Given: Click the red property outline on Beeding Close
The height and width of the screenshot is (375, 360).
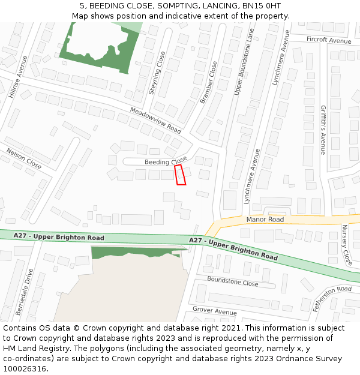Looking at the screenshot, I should tap(180, 175).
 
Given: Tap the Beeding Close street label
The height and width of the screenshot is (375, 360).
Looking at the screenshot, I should tap(166, 162).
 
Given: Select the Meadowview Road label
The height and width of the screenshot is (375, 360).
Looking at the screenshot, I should tap(155, 120).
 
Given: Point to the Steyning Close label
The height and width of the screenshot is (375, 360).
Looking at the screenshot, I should tap(157, 73).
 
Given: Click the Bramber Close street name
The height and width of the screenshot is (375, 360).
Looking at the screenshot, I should tap(208, 82).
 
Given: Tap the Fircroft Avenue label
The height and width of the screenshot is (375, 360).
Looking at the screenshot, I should tap(328, 41).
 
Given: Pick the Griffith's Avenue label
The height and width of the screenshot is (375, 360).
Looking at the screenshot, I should tap(323, 130).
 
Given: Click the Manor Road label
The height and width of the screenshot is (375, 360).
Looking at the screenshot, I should tap(265, 220).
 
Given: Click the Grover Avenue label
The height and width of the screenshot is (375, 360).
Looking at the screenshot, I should tap(214, 311).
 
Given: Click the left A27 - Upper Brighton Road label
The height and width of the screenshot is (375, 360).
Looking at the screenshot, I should tap(59, 237).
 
